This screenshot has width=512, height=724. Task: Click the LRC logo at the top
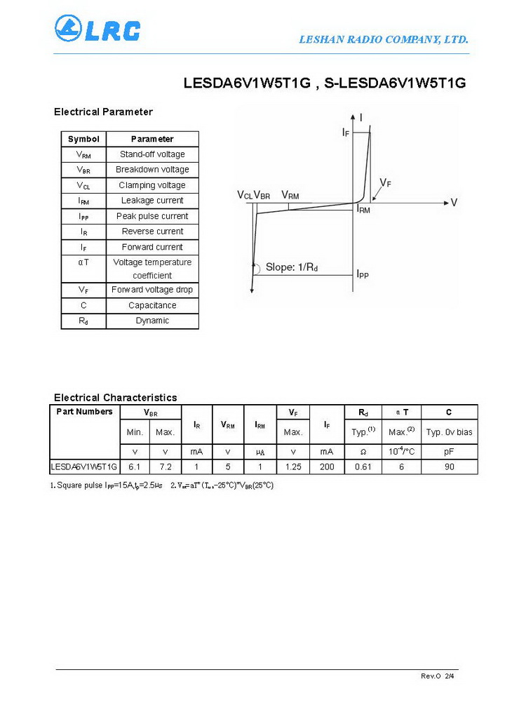click(97, 29)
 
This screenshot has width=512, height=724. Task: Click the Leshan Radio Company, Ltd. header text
click(384, 39)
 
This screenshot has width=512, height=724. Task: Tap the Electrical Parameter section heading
click(103, 112)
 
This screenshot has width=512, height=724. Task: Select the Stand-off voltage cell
click(152, 154)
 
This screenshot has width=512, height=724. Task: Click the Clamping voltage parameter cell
click(152, 185)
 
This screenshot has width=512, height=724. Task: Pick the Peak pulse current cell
click(152, 216)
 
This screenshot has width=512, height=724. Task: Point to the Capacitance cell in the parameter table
click(152, 305)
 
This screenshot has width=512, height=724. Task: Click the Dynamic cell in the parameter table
click(152, 321)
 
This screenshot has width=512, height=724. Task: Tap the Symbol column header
click(83, 139)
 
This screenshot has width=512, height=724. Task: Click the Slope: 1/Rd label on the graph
click(292, 267)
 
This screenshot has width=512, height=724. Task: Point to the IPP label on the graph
click(362, 274)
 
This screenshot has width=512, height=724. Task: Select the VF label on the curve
click(385, 183)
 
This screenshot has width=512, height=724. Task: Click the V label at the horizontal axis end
click(454, 203)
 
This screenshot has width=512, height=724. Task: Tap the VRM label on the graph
click(290, 195)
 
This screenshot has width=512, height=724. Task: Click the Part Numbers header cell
click(84, 412)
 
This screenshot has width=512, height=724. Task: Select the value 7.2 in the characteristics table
click(166, 467)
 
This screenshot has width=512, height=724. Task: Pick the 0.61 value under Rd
click(363, 467)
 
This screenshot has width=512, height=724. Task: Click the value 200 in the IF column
click(327, 467)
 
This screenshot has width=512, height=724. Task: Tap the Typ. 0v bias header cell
click(450, 432)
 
